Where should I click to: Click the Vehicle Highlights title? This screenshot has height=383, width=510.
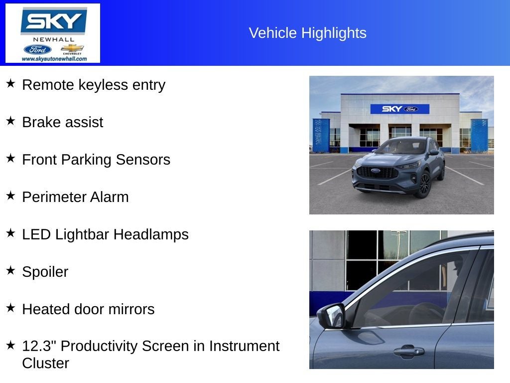pos(307,33)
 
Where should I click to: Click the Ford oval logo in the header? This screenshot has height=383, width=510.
pos(37,49)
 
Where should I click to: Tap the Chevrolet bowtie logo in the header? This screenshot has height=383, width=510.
pos(72,48)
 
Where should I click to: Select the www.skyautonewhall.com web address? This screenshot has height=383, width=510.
pos(54,59)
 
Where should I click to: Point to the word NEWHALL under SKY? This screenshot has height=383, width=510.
pos(54,39)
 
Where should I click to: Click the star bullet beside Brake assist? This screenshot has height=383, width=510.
pos(10,121)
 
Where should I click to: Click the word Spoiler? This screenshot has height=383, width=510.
pos(45,272)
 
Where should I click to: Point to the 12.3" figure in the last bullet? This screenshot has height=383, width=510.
pos(39,346)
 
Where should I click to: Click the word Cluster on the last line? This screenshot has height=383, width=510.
pos(45,363)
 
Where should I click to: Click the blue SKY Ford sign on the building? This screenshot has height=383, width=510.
pos(399,109)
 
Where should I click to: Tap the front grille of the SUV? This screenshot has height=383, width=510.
pos(378,173)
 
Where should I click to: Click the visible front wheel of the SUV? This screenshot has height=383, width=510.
pos(424,184)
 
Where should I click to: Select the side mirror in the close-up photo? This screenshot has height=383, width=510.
pos(331,316)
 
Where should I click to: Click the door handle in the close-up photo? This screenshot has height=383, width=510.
pos(408,351)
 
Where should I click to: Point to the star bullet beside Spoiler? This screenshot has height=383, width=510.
pos(10,271)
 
